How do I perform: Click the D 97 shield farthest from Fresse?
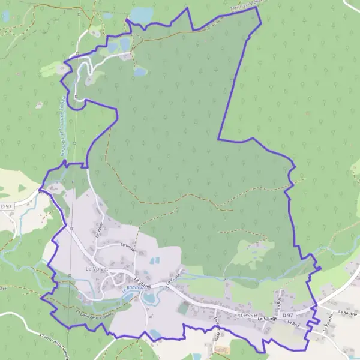(x=7, y=206)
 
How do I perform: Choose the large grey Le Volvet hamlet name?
(x=96, y=269)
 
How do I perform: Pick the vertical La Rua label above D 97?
(x=279, y=298)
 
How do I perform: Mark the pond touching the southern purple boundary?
(x=155, y=334)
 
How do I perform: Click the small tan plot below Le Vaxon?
(x=222, y=349)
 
